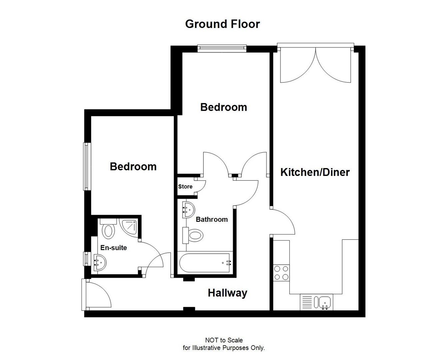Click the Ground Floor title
[222, 24]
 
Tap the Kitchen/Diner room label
[315, 172]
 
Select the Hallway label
[228, 293]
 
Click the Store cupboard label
[185, 187]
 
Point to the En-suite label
[114, 248]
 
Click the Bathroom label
[212, 219]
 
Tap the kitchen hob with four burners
[281, 273]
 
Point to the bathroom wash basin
[189, 210]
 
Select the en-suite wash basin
[100, 262]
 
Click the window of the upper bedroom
[222, 48]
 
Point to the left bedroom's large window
[87, 166]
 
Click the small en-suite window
[86, 258]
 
